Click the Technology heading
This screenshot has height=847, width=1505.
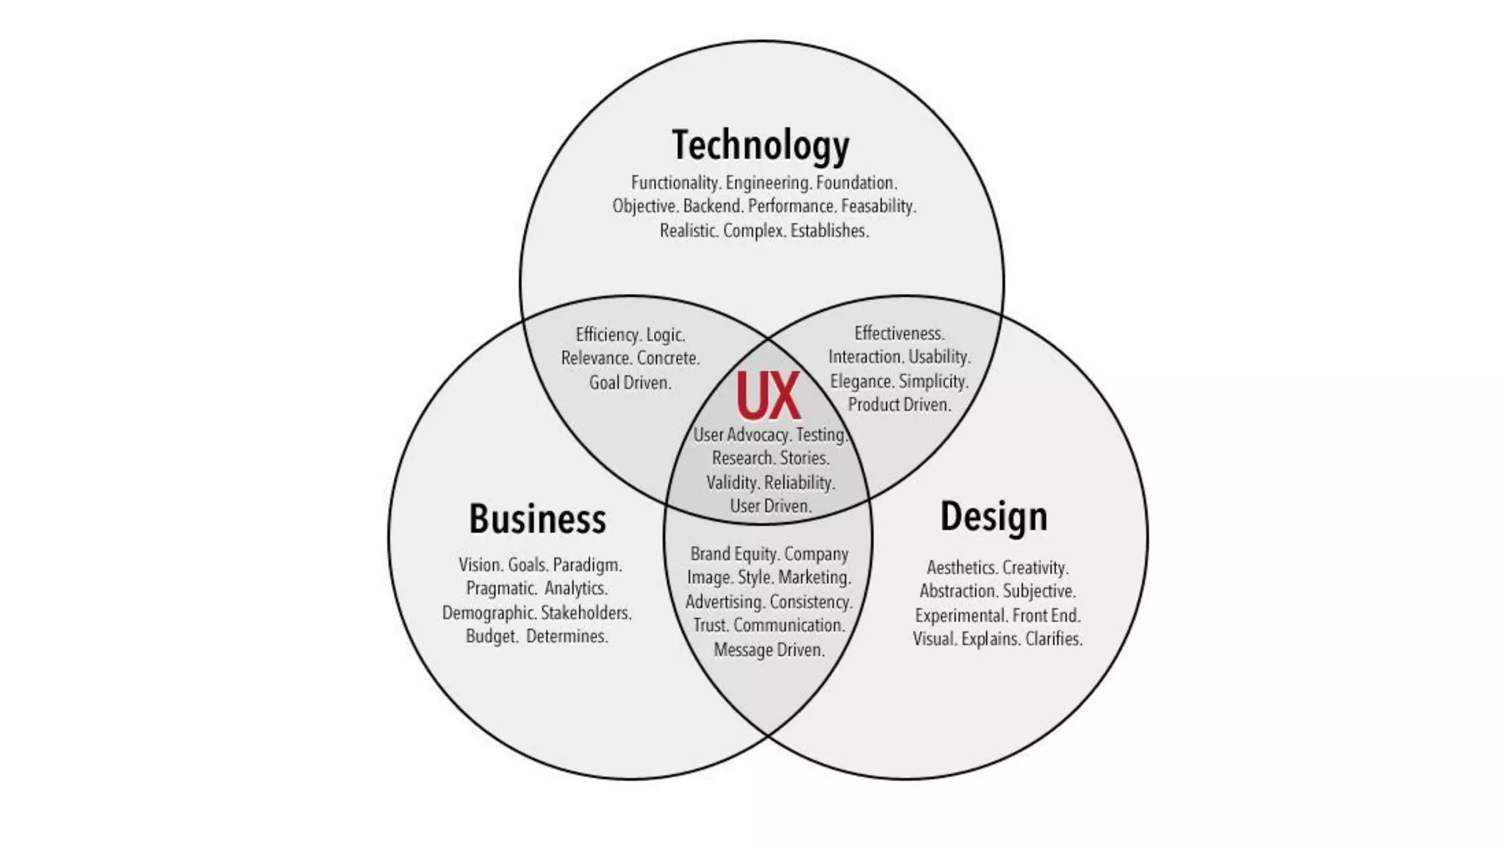pos(761,146)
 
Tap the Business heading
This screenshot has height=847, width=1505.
pos(537,519)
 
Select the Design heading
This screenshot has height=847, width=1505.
pos(994,517)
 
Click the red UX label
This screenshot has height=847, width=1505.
pos(768,396)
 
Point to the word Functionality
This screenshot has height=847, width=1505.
pos(675,182)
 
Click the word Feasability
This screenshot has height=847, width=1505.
pos(878,206)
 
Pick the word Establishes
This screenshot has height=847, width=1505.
pos(829,231)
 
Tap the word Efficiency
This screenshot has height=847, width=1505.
pos(608,335)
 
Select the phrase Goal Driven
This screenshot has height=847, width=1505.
pos(631,382)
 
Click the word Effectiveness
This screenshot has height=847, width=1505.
pos(899,333)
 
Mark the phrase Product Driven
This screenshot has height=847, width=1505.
pos(899,404)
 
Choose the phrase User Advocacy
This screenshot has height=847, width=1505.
pos(741,435)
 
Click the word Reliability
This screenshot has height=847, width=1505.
pos(800,482)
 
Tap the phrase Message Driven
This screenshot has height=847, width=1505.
pos(769,649)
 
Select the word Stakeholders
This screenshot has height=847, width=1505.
pos(586,612)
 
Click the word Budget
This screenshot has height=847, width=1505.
pos(492,636)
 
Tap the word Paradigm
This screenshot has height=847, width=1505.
pos(587,565)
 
